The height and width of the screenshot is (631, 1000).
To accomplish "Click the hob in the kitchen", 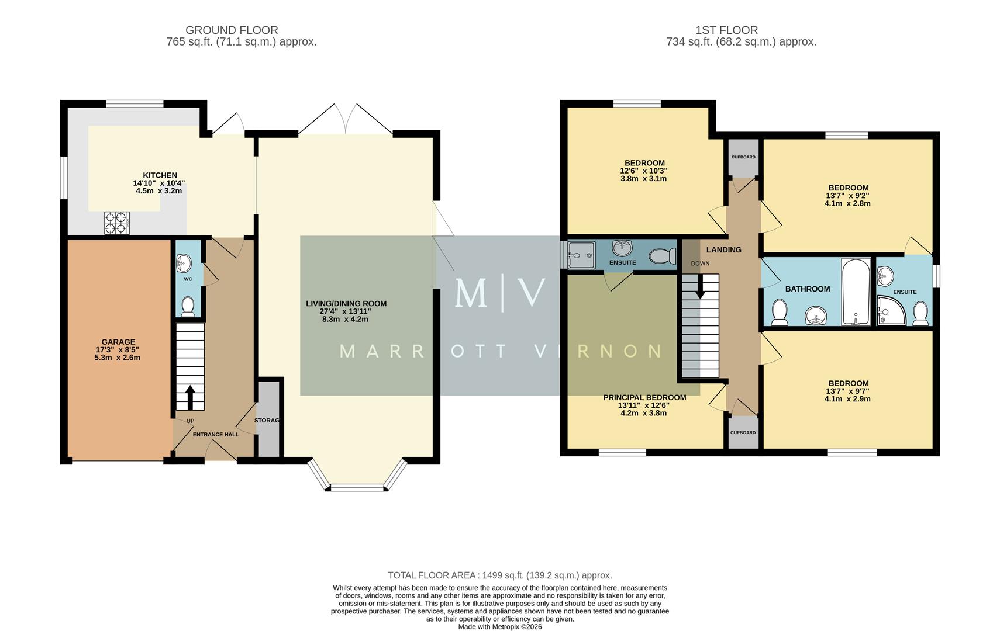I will coord(116,222).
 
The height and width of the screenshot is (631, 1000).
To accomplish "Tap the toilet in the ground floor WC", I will coord(188,306).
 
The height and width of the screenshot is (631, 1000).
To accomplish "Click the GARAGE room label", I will coord(118,342).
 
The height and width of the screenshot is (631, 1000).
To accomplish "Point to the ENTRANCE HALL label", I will coord(216,435).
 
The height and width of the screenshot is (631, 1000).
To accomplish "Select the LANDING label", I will coord(723,250).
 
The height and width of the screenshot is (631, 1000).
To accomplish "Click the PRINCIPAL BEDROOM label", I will coord(644,398).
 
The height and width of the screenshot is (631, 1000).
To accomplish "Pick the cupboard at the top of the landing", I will coord(743,158).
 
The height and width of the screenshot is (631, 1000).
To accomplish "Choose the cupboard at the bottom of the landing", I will coord(743,433).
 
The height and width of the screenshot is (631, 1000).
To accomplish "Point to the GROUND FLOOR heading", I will coord(232,30).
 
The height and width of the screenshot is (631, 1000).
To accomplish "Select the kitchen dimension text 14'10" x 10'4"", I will coord(159,183).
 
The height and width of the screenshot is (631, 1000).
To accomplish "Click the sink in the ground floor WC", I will coord(184,263).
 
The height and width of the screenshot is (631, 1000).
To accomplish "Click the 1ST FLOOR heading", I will coord(726,30).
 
